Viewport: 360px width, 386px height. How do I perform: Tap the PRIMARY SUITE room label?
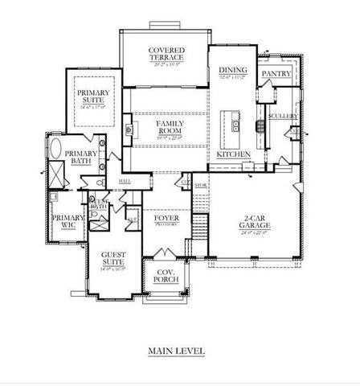(x=92, y=98)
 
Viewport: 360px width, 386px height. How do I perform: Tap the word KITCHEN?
(x=234, y=154)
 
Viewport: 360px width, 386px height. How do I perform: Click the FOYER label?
(x=166, y=217)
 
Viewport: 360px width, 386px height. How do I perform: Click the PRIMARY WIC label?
(x=63, y=222)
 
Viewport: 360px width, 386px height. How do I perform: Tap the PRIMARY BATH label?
(x=81, y=158)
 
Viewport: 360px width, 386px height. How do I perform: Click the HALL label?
(x=126, y=182)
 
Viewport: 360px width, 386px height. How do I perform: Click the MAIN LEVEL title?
(x=176, y=351)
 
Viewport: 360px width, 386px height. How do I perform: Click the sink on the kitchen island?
(x=234, y=124)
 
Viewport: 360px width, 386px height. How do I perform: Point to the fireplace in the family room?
(x=129, y=127)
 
